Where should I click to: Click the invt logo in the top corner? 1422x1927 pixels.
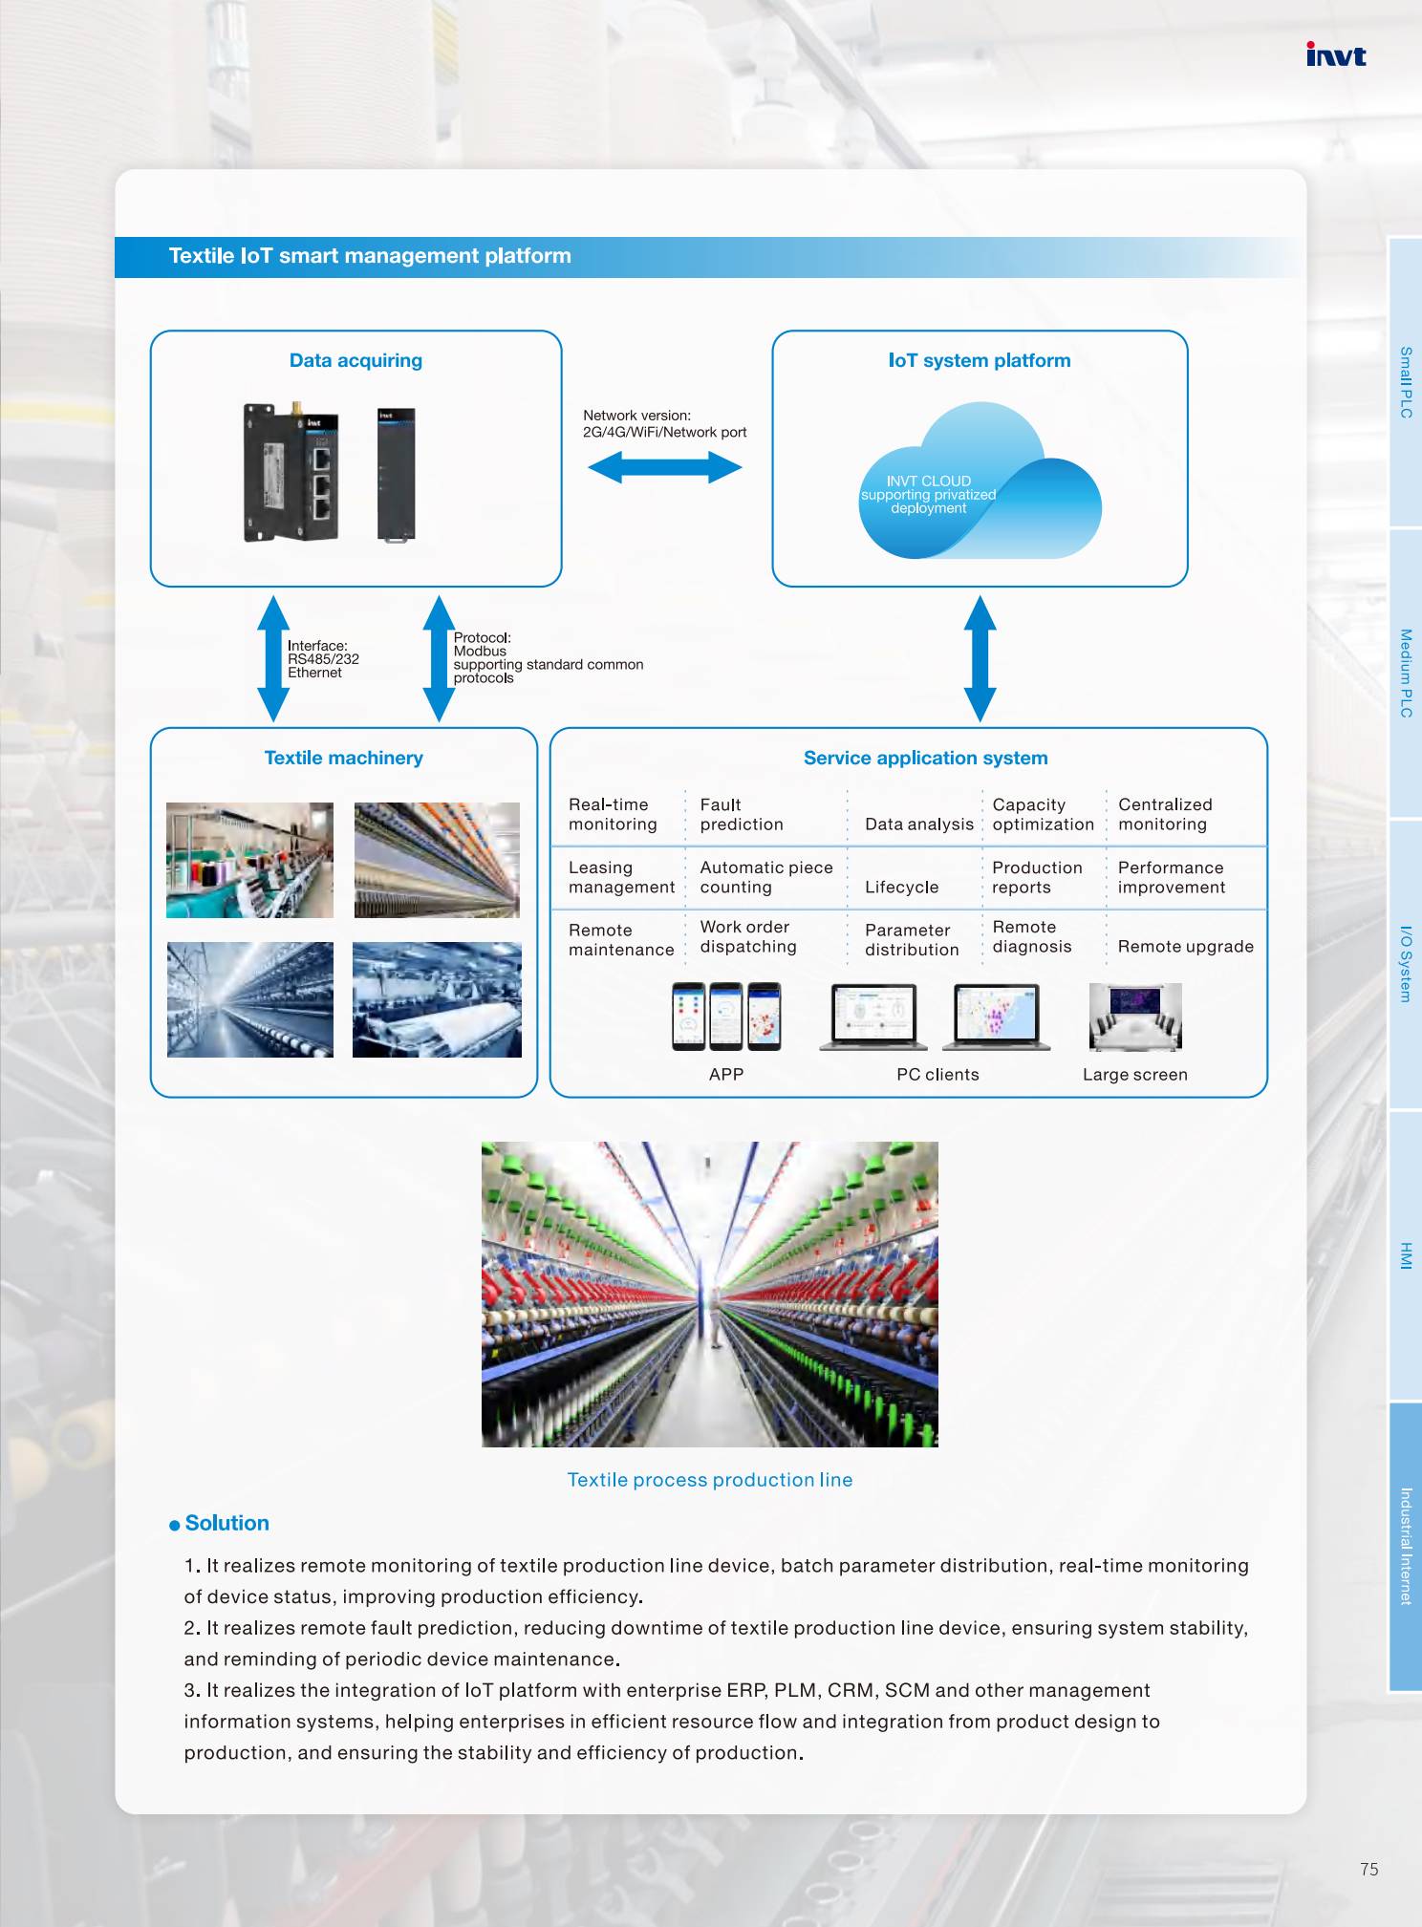tap(1335, 54)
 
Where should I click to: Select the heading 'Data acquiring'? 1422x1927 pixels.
tap(355, 360)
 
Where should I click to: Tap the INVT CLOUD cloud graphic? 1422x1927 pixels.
tap(980, 482)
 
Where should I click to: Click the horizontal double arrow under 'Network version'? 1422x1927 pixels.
tap(665, 467)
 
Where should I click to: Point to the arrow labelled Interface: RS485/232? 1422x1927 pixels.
tap(273, 658)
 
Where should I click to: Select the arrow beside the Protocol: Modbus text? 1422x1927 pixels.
tap(439, 658)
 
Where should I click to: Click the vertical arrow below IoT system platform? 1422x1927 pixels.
tap(980, 658)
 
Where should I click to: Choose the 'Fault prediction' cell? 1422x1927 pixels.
tap(742, 814)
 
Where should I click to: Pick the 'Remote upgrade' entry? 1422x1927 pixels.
tap(1185, 946)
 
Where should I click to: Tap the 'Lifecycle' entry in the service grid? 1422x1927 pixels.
tap(901, 887)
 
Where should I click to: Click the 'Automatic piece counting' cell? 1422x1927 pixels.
tap(766, 877)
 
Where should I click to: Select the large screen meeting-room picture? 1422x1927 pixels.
tap(1135, 1017)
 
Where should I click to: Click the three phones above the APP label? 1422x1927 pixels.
tap(726, 1017)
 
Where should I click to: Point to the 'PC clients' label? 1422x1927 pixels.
tap(937, 1074)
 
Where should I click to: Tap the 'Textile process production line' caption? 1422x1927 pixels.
tap(709, 1479)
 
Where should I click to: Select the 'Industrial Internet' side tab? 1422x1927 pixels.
tap(1405, 1546)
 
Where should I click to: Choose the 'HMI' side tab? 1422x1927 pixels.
tap(1405, 1255)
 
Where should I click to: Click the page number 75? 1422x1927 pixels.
tap(1369, 1869)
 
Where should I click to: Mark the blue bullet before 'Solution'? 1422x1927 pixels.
tap(175, 1525)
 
